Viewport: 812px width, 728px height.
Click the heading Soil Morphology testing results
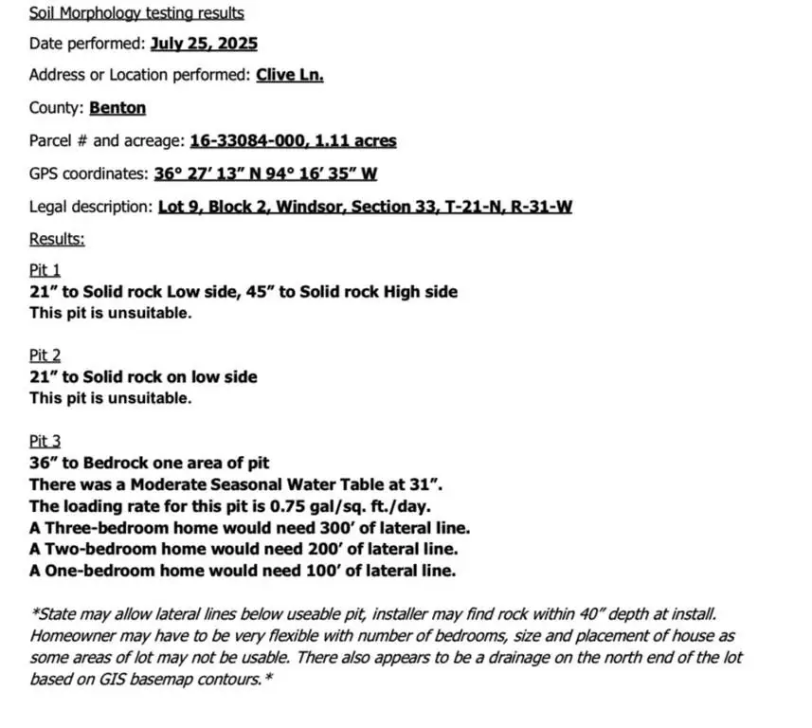pyautogui.click(x=136, y=13)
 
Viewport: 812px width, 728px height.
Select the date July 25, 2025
pyautogui.click(x=204, y=44)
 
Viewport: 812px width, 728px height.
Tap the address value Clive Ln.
pyautogui.click(x=290, y=75)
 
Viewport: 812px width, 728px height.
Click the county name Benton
pyautogui.click(x=117, y=108)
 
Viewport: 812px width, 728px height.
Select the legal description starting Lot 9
pyautogui.click(x=365, y=207)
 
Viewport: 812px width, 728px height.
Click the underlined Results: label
pyautogui.click(x=57, y=239)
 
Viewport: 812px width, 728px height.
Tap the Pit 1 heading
pyautogui.click(x=45, y=271)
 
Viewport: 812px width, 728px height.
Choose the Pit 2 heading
pyautogui.click(x=45, y=355)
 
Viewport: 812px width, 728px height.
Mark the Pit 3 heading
pyautogui.click(x=45, y=441)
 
